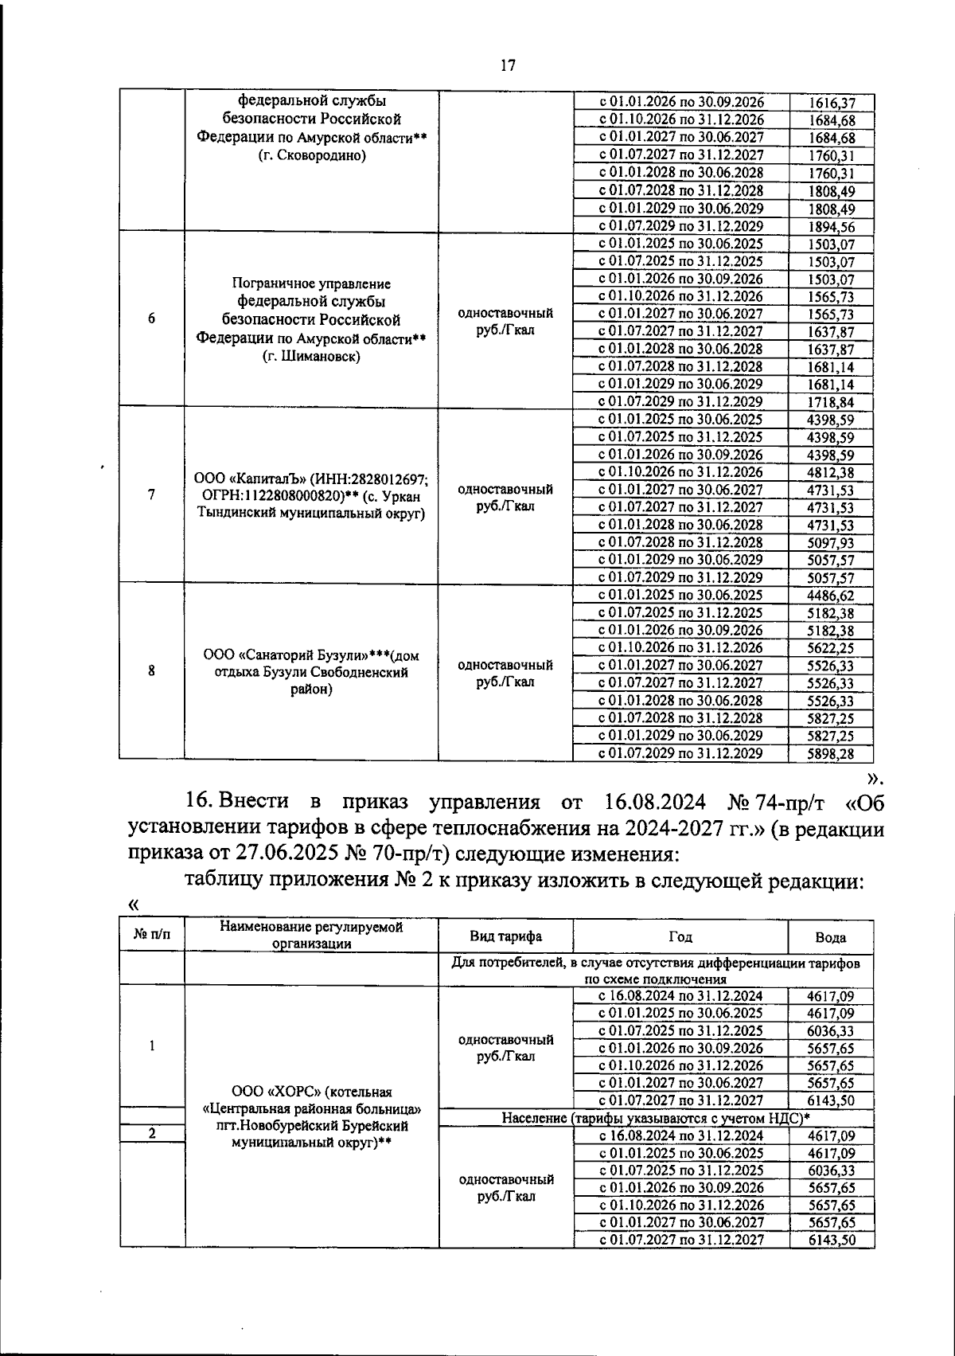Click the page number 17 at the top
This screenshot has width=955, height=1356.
[x=508, y=66]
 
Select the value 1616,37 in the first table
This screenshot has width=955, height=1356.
[x=831, y=103]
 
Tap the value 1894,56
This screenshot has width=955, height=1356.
[x=831, y=226]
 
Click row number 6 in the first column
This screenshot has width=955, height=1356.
[x=151, y=318]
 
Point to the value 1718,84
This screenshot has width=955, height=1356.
[x=831, y=402]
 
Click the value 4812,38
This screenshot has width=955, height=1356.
[x=831, y=472]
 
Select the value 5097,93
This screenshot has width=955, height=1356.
[x=831, y=543]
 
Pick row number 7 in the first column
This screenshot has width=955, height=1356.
[x=151, y=494]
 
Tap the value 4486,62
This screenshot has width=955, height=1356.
[x=831, y=596]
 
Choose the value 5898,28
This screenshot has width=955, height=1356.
[x=831, y=753]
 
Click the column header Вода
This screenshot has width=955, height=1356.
[x=831, y=937]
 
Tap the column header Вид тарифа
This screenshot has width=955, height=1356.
[x=505, y=936]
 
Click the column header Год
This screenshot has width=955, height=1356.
[x=680, y=936]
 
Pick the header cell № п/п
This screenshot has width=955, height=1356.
[x=151, y=932]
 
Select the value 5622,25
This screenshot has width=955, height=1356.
[x=831, y=648]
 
